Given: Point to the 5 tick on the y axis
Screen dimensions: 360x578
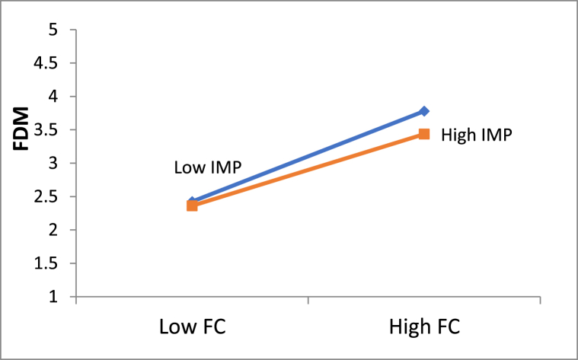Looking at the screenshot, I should click(x=53, y=30).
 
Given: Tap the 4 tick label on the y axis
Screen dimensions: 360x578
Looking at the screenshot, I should click(x=53, y=97).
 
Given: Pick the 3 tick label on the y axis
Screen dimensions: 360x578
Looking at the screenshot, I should click(x=53, y=164).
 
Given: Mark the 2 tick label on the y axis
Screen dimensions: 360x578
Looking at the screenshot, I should click(x=53, y=230).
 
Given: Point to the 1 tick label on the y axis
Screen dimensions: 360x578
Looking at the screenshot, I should click(x=53, y=297).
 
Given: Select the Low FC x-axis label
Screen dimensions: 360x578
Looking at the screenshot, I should click(x=192, y=327).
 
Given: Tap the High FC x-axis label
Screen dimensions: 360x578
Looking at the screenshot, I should click(x=424, y=327).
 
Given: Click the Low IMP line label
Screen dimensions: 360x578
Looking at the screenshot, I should click(x=203, y=167).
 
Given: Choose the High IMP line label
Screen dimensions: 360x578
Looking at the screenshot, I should click(x=475, y=135).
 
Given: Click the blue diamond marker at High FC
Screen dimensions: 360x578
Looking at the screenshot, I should click(x=424, y=111).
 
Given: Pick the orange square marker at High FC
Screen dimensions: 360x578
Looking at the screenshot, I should click(x=424, y=134).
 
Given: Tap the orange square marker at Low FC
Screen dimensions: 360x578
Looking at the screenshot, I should click(x=192, y=205).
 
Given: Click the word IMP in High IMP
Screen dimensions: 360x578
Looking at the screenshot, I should click(x=495, y=135).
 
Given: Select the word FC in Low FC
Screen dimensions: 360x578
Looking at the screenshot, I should click(x=213, y=327).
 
